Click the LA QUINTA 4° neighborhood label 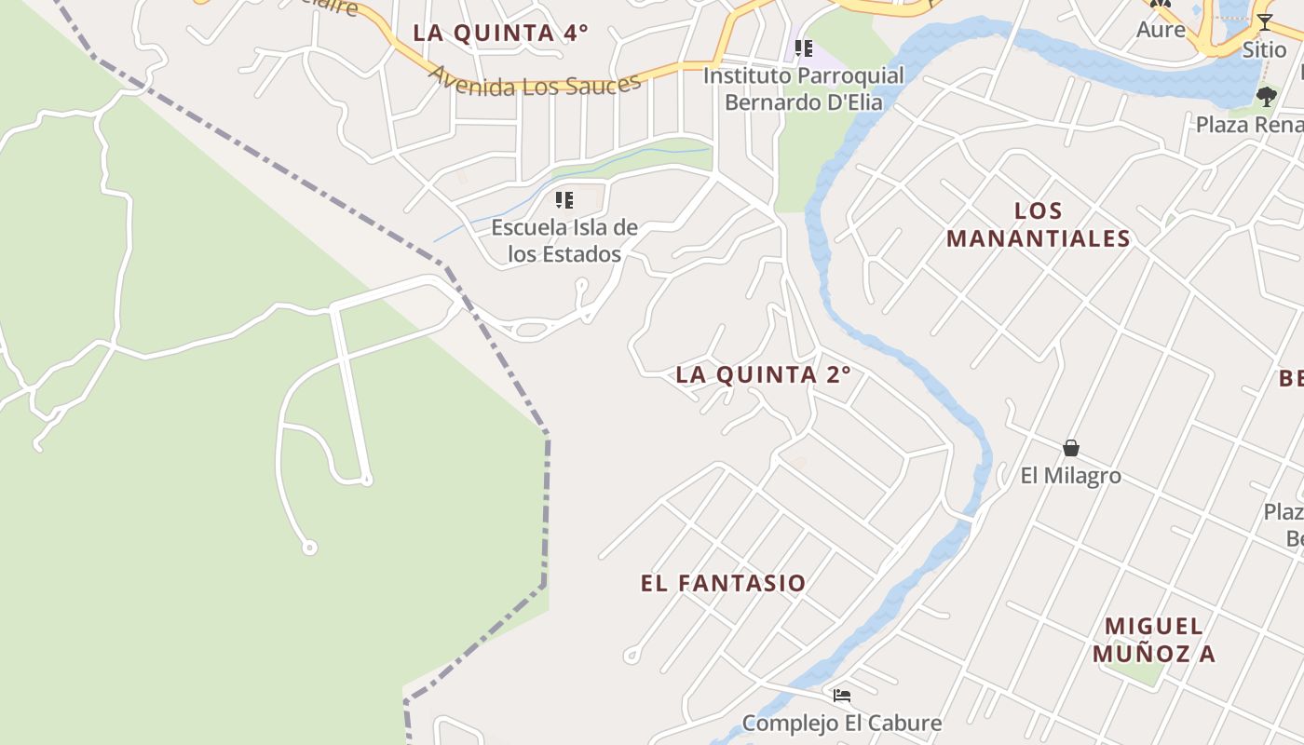[x=500, y=33]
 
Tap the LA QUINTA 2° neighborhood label [x=763, y=375]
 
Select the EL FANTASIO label [x=723, y=584]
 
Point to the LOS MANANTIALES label [x=1038, y=224]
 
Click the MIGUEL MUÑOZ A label [x=1154, y=639]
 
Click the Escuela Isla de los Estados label [x=564, y=240]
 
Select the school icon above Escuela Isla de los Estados [x=564, y=199]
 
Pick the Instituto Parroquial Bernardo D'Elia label [x=803, y=88]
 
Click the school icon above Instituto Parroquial [x=803, y=47]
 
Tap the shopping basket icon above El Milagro [x=1071, y=448]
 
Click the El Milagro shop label [x=1071, y=476]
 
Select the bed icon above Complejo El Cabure [x=842, y=695]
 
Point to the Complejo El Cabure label [x=842, y=723]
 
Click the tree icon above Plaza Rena [x=1266, y=96]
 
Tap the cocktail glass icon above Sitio [x=1264, y=21]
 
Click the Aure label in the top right [x=1161, y=29]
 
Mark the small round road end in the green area [x=310, y=548]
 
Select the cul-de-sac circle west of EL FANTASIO [x=632, y=656]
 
